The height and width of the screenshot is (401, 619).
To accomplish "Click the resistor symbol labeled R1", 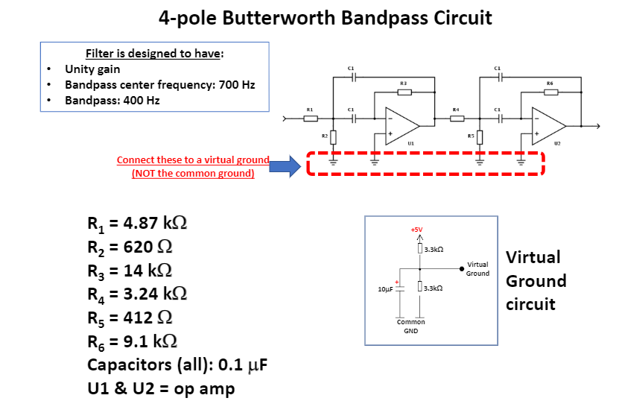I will pyautogui.click(x=310, y=118).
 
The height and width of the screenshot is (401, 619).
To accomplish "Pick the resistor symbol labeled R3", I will pyautogui.click(x=403, y=92).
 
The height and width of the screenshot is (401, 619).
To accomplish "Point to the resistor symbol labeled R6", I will pyautogui.click(x=550, y=92).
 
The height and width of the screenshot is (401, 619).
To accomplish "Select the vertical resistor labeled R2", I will pyautogui.click(x=333, y=137).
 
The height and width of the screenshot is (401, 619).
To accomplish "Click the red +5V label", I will pyautogui.click(x=416, y=230).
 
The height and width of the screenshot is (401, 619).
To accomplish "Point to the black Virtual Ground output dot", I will pyautogui.click(x=462, y=269).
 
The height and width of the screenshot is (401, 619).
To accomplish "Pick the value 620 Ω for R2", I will pyautogui.click(x=145, y=247).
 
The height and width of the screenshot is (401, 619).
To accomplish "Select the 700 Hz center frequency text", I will pyautogui.click(x=235, y=84).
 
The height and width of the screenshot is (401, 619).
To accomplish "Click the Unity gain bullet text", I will pyautogui.click(x=92, y=69).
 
